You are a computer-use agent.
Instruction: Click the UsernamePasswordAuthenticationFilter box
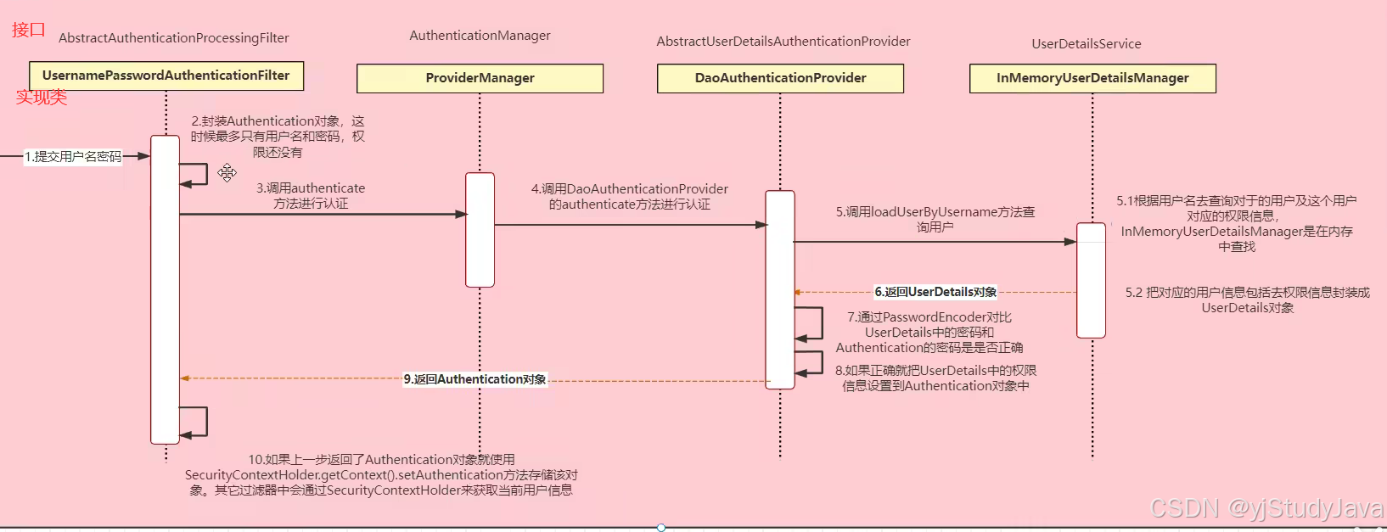coord(166,76)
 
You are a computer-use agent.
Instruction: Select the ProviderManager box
coord(480,78)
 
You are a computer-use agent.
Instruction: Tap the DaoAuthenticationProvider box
coord(780,78)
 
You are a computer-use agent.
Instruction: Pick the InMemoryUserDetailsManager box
coord(1092,78)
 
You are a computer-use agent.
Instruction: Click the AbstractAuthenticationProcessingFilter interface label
coord(174,38)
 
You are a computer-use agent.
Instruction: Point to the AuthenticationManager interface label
coord(480,36)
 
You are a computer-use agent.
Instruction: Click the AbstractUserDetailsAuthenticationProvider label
coord(783,42)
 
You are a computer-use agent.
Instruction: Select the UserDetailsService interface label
coord(1086,44)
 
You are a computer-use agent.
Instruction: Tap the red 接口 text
coord(28,30)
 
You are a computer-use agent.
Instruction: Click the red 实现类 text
coord(41,97)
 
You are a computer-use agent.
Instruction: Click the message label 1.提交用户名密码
coord(73,156)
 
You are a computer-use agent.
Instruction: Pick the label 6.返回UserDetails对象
coord(935,292)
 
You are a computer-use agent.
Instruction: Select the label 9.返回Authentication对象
coord(474,379)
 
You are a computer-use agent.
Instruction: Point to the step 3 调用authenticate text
coord(311,196)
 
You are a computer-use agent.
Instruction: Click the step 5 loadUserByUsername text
coord(935,219)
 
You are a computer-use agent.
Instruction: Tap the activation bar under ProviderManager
coord(480,230)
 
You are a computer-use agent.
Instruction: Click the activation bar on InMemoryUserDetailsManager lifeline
coord(1091,280)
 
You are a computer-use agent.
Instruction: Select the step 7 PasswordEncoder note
coord(929,332)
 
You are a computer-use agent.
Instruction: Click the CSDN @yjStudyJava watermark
coord(1266,508)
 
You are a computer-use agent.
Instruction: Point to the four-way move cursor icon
coord(227,173)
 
